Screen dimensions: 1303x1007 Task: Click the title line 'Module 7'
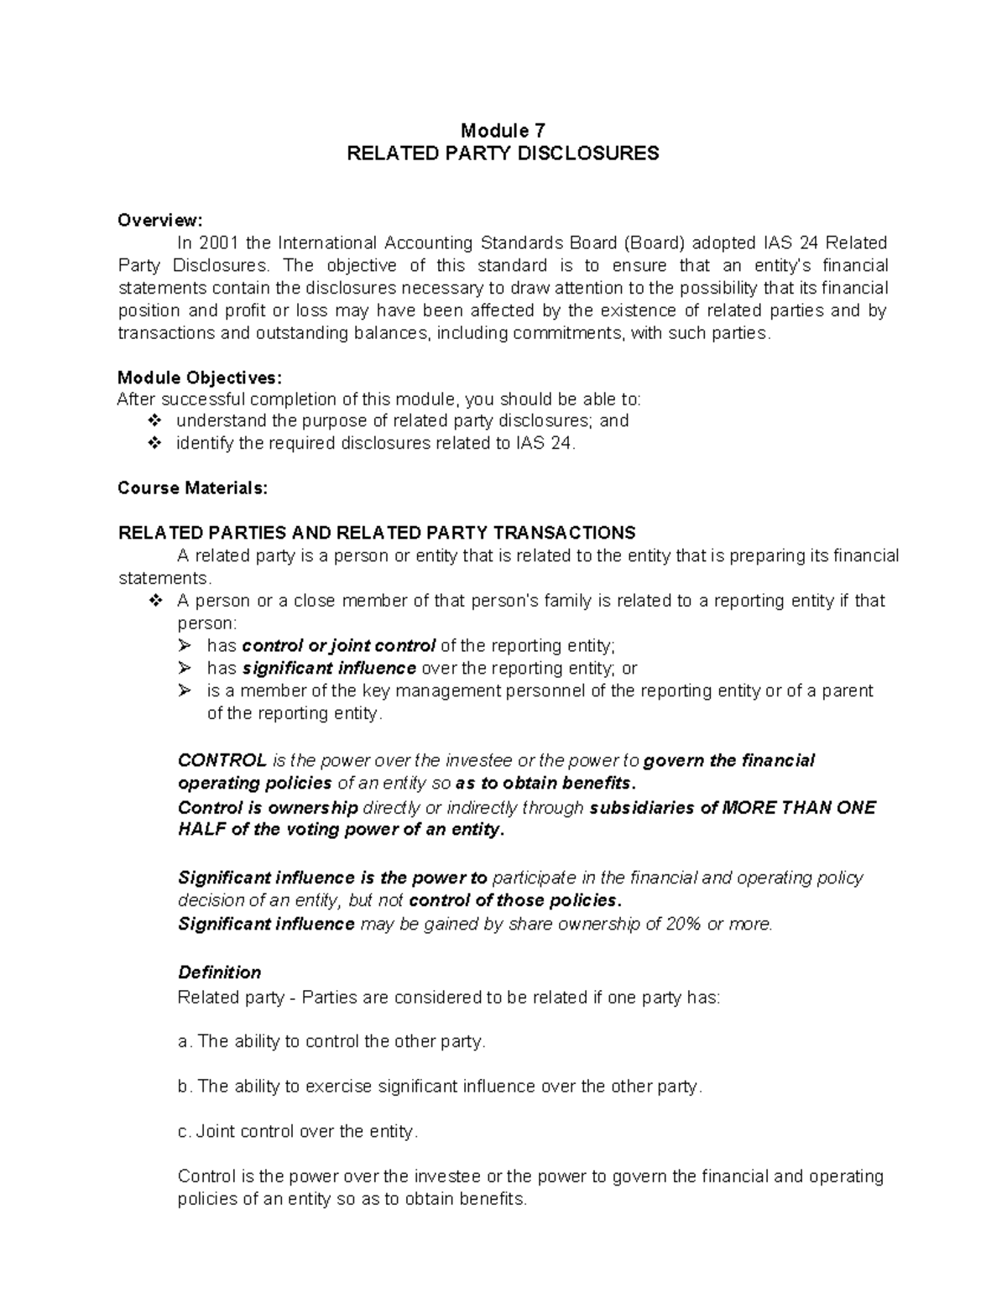point(503,130)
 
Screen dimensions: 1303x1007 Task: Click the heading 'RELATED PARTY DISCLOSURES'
point(503,154)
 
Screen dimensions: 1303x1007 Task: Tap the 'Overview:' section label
point(159,221)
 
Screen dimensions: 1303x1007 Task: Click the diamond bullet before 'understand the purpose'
point(154,421)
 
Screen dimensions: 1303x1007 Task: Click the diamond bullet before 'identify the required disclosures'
point(154,444)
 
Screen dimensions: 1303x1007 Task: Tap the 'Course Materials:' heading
point(193,488)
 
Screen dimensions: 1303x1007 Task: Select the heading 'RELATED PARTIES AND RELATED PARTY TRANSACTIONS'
point(377,534)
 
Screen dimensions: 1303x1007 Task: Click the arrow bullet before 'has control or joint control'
point(185,646)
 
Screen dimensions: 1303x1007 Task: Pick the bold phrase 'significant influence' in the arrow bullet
point(329,669)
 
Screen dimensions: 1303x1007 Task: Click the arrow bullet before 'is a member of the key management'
point(185,691)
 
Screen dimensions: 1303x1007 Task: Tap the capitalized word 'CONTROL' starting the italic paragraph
point(222,761)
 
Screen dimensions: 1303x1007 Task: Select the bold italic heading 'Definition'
point(219,972)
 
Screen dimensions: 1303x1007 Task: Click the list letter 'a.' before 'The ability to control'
point(185,1042)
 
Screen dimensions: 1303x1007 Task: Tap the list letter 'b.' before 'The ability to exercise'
point(185,1087)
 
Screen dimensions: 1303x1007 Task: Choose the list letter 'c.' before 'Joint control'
point(185,1132)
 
